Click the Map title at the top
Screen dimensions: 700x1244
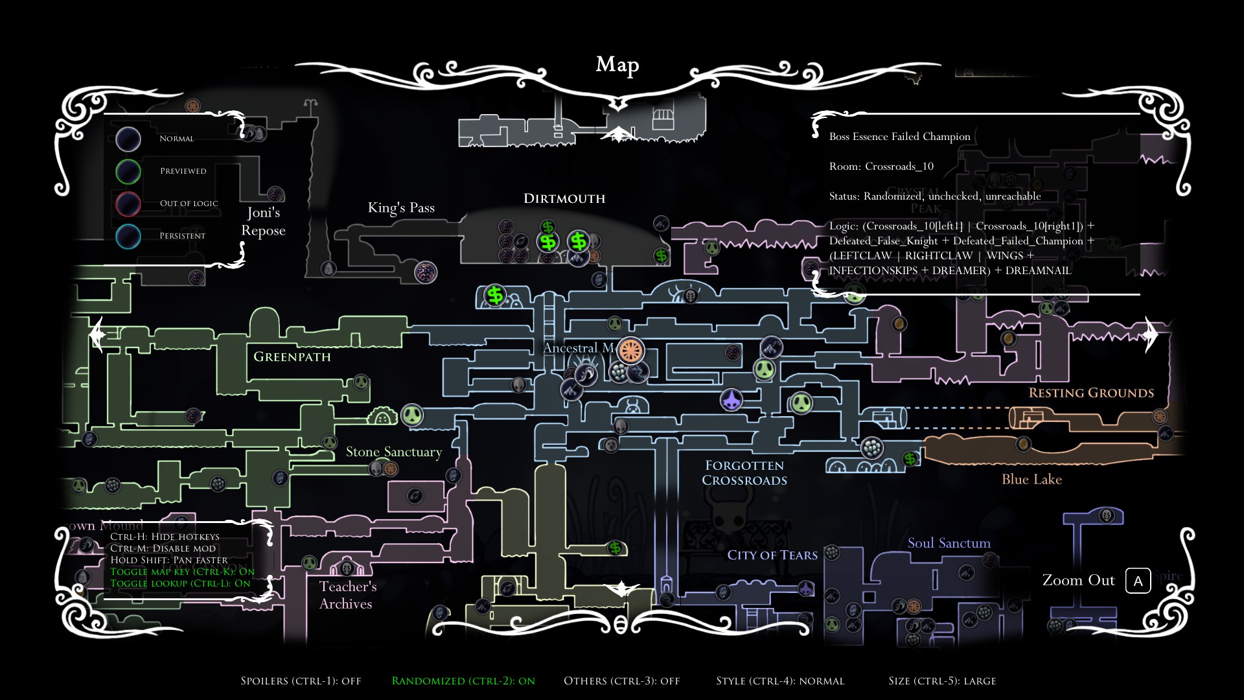pyautogui.click(x=617, y=64)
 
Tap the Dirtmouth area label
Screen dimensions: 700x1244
pyautogui.click(x=564, y=198)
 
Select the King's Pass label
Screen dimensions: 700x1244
pyautogui.click(x=401, y=207)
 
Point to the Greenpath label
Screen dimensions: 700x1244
pyautogui.click(x=292, y=356)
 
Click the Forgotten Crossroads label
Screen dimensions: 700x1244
pyautogui.click(x=744, y=472)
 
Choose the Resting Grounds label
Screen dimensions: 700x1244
pyautogui.click(x=1091, y=393)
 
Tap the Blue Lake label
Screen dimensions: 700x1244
pyautogui.click(x=1031, y=479)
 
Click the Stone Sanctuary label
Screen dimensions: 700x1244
pyautogui.click(x=393, y=452)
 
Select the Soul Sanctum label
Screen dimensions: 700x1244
pyautogui.click(x=949, y=543)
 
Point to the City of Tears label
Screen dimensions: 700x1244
pyautogui.click(x=772, y=555)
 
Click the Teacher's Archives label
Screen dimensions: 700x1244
pyautogui.click(x=347, y=595)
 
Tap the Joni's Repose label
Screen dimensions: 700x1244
pyautogui.click(x=263, y=221)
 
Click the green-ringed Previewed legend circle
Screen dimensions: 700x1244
pyautogui.click(x=128, y=172)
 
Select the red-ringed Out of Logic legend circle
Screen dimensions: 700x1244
pyautogui.click(x=128, y=204)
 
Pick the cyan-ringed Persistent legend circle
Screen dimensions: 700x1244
pyautogui.click(x=128, y=237)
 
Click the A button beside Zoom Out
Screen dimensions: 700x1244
pyautogui.click(x=1138, y=581)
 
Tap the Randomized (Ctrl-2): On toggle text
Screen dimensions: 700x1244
pyautogui.click(x=463, y=681)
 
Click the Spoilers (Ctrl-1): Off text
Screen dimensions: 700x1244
pyautogui.click(x=301, y=681)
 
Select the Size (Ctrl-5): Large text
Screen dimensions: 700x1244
pyautogui.click(x=942, y=681)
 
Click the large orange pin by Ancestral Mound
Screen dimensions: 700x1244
pyautogui.click(x=630, y=351)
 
